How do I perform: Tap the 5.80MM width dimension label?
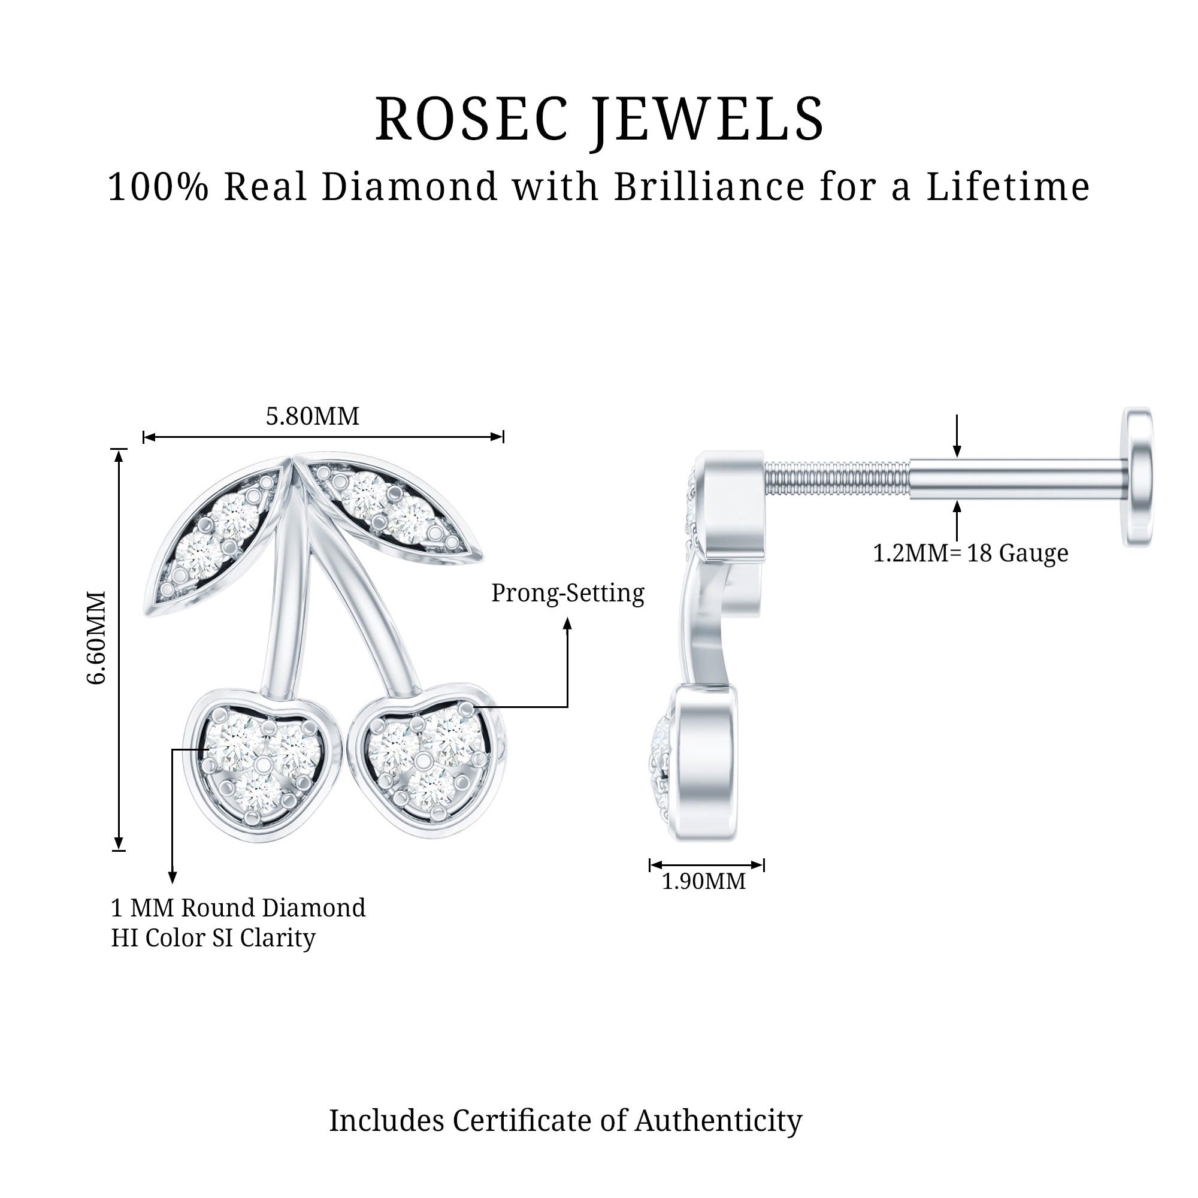[313, 416]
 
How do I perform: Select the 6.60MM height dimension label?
[96, 637]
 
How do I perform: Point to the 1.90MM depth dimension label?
[704, 881]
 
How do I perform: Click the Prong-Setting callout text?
[567, 594]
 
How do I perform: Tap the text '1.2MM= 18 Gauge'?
[970, 553]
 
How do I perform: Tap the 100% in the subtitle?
[158, 187]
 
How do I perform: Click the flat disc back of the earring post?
[1138, 477]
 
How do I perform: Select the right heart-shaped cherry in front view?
[426, 760]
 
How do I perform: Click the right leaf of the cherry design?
[391, 510]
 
